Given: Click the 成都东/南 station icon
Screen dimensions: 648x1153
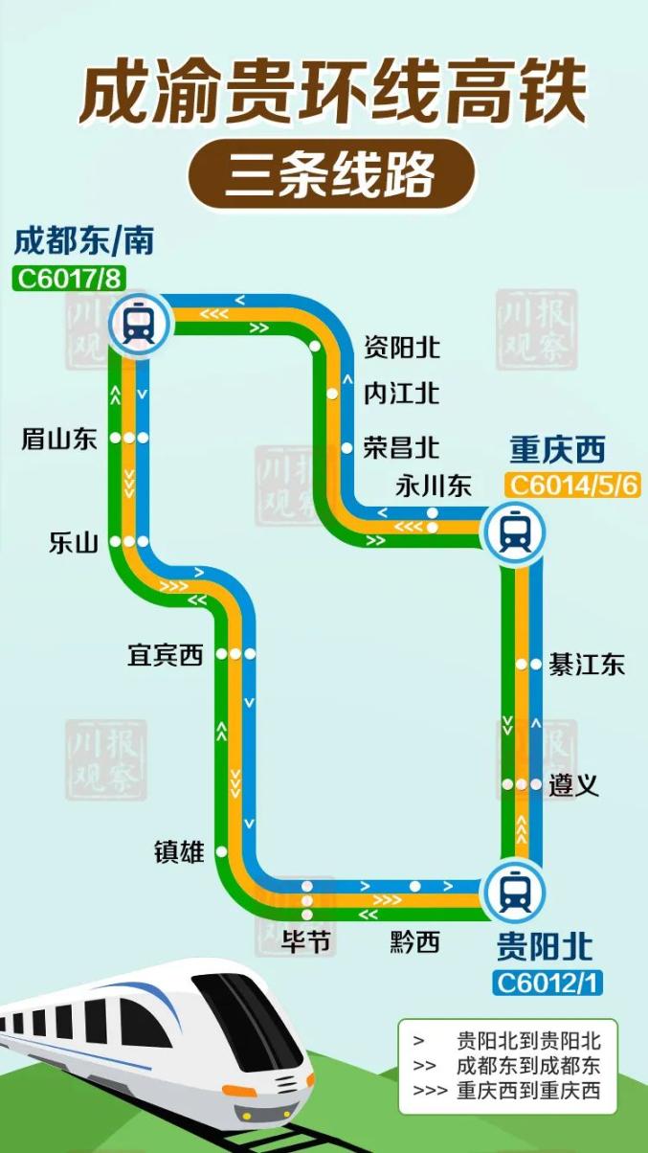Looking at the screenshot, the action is [x=140, y=323].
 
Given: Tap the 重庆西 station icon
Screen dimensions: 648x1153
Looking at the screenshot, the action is [x=514, y=530].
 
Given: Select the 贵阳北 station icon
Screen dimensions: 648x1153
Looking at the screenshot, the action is [x=514, y=892].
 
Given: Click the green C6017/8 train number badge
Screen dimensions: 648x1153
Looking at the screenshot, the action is [x=70, y=279].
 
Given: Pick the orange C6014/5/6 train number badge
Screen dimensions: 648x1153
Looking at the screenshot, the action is [x=572, y=485].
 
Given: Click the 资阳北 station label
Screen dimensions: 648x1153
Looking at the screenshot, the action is [x=402, y=347].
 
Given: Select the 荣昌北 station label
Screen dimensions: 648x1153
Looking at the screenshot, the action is [x=402, y=447].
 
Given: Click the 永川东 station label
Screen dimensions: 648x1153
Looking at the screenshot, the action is [x=434, y=486].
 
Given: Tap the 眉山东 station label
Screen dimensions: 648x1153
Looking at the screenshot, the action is [x=59, y=440].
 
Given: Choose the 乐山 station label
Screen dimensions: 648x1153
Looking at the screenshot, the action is [x=74, y=543].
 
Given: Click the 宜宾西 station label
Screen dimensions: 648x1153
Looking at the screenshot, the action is [x=166, y=655].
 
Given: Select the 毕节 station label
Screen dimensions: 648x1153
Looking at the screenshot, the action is [x=306, y=942].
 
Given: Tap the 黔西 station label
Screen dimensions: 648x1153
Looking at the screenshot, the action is [x=414, y=942].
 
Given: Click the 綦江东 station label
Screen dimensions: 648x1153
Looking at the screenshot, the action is [x=587, y=665].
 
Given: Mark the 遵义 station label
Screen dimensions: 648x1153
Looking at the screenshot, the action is [x=574, y=786].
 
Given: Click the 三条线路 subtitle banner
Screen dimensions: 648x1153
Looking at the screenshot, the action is [x=330, y=175].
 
